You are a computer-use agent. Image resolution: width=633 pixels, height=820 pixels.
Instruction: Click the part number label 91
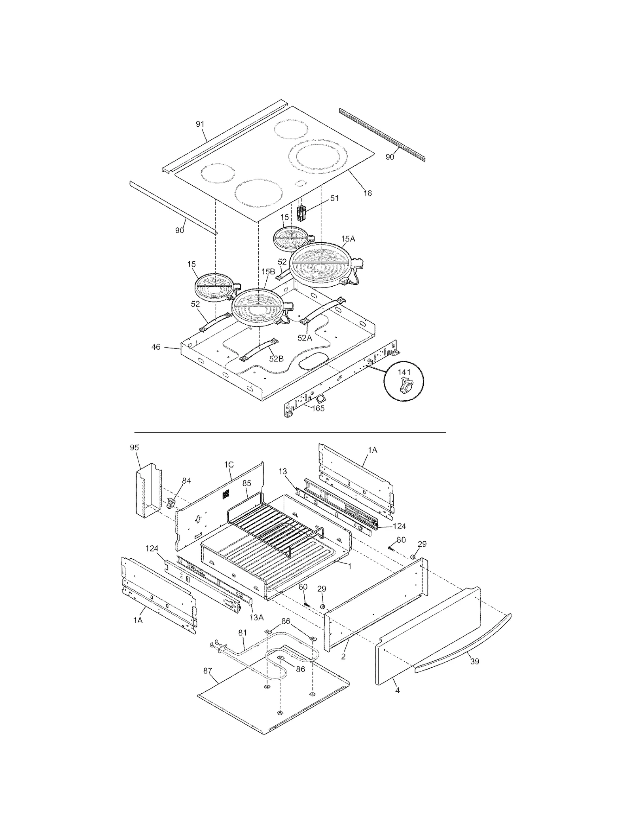[200, 124]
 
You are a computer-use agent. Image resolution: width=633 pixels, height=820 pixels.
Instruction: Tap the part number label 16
[368, 193]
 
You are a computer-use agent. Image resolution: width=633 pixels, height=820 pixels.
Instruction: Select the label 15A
[348, 239]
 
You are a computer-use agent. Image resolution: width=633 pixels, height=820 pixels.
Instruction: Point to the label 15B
[268, 272]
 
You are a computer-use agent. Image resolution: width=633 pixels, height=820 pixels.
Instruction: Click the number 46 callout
[156, 347]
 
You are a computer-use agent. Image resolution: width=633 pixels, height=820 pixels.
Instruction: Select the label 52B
[277, 359]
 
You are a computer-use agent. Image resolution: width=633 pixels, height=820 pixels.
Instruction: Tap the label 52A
[305, 338]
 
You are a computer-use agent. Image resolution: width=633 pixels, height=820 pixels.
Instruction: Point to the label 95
[135, 447]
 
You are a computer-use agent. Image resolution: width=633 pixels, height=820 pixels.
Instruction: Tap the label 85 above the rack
[247, 483]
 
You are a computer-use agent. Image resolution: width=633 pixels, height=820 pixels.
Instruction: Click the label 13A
[256, 617]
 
